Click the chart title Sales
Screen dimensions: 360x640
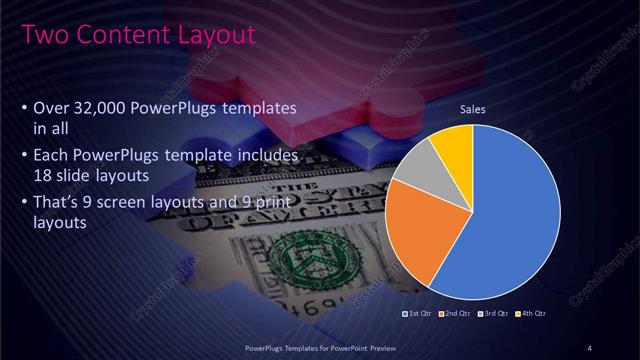coord(473,109)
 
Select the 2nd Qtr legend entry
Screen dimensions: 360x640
coord(456,314)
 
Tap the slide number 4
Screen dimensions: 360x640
coord(591,347)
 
